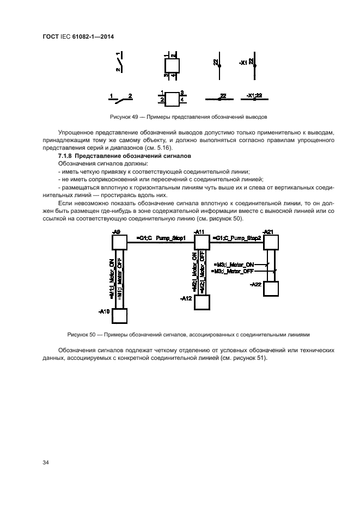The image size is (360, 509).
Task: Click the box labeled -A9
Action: (x=119, y=242)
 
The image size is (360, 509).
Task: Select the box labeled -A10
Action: (x=119, y=316)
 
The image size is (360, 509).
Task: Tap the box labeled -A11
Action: (x=202, y=242)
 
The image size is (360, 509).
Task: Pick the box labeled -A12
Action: (x=202, y=302)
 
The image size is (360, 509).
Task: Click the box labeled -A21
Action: (x=271, y=242)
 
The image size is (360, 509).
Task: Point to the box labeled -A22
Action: (x=271, y=289)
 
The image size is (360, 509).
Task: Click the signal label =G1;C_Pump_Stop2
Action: (x=237, y=238)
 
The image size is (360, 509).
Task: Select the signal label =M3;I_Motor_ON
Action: (x=234, y=265)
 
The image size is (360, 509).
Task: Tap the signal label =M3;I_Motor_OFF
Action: (x=233, y=271)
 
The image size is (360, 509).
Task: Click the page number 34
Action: (x=45, y=463)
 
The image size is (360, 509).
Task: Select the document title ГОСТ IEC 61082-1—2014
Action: (x=78, y=36)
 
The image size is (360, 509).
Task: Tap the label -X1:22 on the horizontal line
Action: (x=254, y=95)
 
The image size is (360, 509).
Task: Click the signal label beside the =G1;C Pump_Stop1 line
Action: (x=161, y=238)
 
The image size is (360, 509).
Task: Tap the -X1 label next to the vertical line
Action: (x=243, y=63)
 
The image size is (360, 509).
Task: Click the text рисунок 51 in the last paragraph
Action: (x=251, y=358)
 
